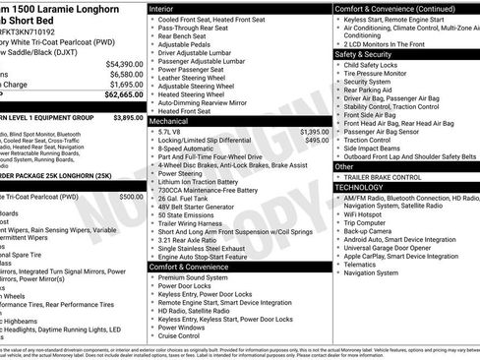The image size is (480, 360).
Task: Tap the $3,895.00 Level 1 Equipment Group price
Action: pyautogui.click(x=128, y=117)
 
